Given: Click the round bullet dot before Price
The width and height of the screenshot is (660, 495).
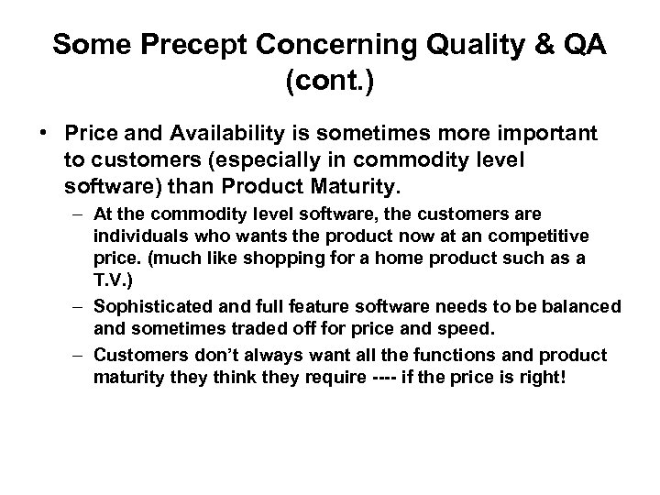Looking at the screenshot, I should tap(43, 134).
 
